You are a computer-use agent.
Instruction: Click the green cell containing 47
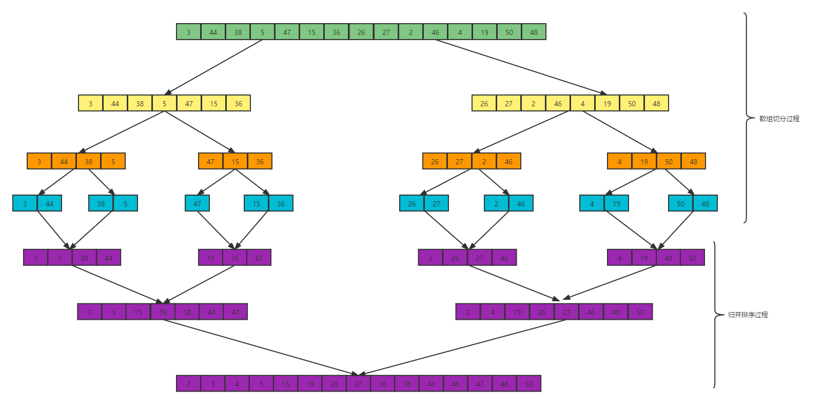[287, 32]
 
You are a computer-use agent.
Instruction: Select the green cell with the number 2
[410, 32]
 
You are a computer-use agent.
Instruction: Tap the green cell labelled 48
[534, 32]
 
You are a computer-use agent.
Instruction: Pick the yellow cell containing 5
[164, 104]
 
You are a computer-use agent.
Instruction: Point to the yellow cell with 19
[607, 104]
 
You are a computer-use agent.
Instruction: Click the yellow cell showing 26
[484, 104]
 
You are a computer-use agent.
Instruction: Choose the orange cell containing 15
[235, 162]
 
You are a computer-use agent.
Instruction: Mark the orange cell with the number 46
[508, 162]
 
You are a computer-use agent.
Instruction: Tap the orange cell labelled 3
[39, 162]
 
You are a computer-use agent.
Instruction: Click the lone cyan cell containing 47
[197, 204]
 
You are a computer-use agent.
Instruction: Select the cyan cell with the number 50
[680, 204]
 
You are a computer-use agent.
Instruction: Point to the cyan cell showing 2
[496, 204]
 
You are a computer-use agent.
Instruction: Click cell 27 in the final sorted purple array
[358, 384]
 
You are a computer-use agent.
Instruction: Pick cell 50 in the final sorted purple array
[528, 384]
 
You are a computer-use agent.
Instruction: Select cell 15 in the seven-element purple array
[138, 312]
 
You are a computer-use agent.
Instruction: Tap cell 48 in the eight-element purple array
[615, 312]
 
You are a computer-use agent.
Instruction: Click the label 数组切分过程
[779, 119]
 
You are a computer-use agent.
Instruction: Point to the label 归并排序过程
[748, 315]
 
